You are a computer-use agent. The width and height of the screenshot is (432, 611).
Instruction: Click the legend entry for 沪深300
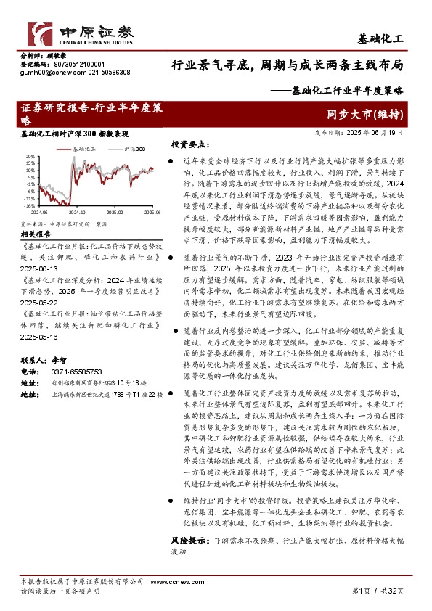tap(134, 148)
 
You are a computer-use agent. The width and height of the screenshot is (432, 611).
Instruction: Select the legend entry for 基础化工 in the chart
tap(86, 148)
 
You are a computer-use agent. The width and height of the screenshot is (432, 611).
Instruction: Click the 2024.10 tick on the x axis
tap(77, 213)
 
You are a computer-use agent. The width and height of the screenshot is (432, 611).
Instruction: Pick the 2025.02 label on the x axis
tap(115, 213)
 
